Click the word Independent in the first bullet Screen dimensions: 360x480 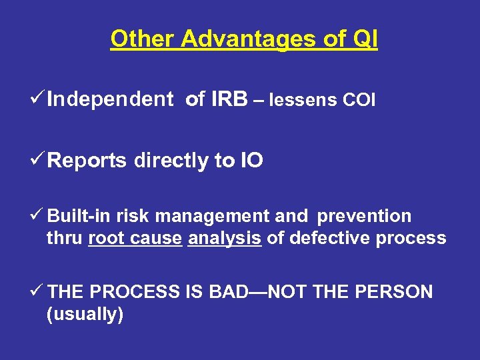click(110, 100)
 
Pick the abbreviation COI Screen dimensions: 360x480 click(359, 101)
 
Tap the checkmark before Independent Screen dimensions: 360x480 click(39, 99)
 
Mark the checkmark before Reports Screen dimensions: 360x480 click(39, 160)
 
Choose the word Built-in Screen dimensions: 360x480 click(79, 217)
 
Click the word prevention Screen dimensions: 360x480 click(365, 217)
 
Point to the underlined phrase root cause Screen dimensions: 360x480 click(135, 238)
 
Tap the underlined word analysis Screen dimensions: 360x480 click(224, 238)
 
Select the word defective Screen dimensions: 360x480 click(321, 238)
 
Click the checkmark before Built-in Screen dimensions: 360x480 click(38, 216)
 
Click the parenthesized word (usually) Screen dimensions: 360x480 click(85, 314)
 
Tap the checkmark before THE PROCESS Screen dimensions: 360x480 click(38, 291)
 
